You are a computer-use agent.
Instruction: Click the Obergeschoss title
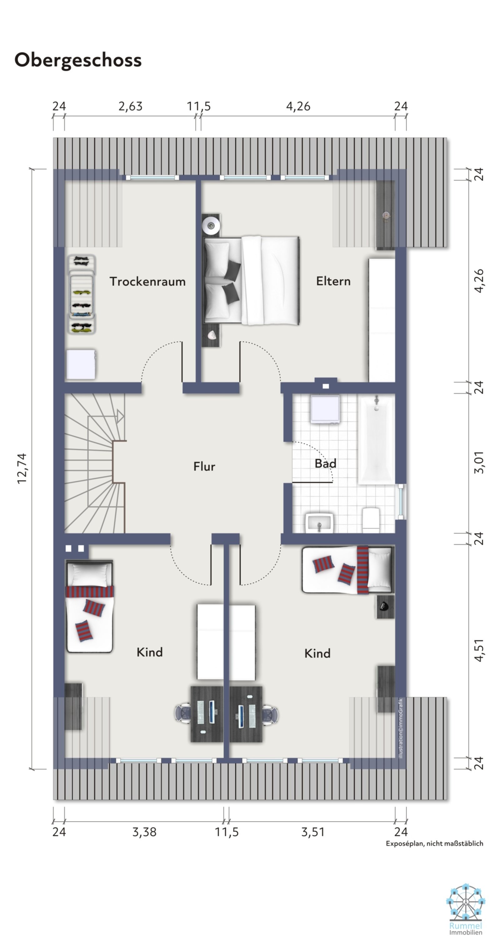(78, 60)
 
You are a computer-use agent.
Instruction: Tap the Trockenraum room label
(147, 281)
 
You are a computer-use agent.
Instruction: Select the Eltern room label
(333, 281)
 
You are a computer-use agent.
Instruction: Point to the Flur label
(204, 467)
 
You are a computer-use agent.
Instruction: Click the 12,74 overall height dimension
(22, 468)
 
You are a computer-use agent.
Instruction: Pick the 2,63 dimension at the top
(130, 106)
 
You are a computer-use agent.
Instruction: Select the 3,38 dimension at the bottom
(144, 832)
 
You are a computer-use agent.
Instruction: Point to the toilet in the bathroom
(371, 520)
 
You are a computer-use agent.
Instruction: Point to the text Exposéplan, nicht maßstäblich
(434, 843)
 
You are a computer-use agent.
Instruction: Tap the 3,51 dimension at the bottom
(313, 832)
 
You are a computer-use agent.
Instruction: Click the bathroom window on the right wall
(401, 502)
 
